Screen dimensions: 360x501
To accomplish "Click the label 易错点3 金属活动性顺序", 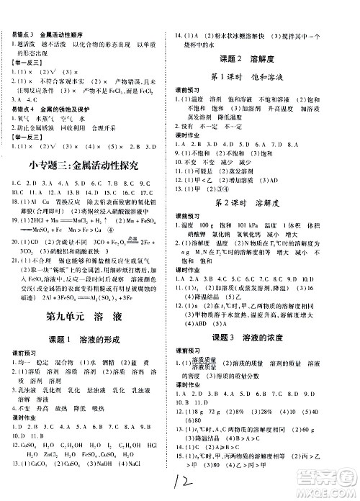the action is point(45,36).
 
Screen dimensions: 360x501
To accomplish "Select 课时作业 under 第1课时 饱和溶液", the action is point(188,135).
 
